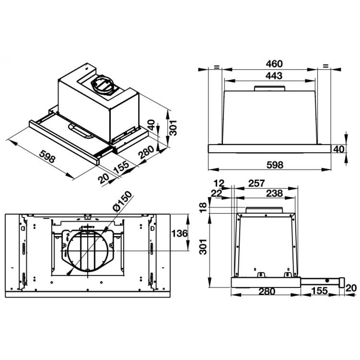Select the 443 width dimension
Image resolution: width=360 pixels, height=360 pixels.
click(x=274, y=76)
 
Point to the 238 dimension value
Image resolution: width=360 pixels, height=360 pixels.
click(x=274, y=193)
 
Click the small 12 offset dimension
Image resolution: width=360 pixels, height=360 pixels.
click(x=219, y=183)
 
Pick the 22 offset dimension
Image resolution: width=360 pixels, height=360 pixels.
click(x=216, y=194)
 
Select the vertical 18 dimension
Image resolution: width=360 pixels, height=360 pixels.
click(x=203, y=207)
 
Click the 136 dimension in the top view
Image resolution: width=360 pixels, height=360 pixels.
click(x=180, y=233)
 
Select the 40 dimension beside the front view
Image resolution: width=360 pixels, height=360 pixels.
click(x=339, y=149)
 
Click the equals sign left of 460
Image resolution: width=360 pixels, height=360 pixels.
click(x=216, y=67)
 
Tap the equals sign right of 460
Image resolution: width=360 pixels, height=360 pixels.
click(x=325, y=66)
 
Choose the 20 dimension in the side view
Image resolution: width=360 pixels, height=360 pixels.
click(x=351, y=288)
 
